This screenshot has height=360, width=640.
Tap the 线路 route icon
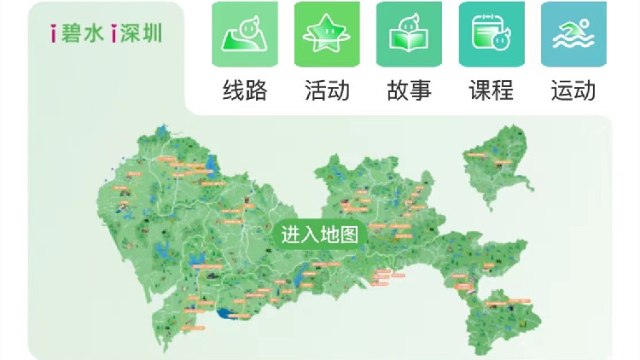click(x=245, y=34)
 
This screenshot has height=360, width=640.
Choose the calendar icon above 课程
click(x=492, y=34)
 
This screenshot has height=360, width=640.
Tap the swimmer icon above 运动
click(x=573, y=34)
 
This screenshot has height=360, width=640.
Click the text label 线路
click(x=245, y=90)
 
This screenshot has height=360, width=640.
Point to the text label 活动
click(x=328, y=90)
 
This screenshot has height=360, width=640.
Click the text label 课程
click(x=492, y=90)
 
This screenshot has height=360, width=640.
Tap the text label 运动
click(x=573, y=90)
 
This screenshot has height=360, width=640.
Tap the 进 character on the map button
click(x=291, y=235)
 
